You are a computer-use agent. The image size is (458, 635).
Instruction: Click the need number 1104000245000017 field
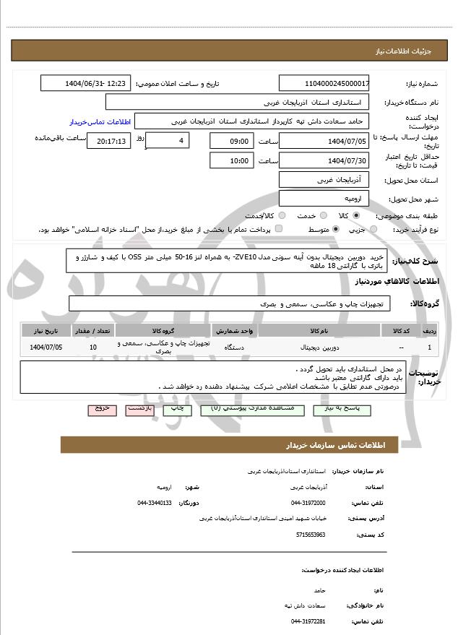[x=324, y=83]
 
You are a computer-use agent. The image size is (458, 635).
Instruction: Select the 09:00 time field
[x=233, y=141]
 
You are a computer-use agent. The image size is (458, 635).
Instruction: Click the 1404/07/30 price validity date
[x=324, y=160]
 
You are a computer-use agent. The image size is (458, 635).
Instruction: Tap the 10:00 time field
[x=233, y=160]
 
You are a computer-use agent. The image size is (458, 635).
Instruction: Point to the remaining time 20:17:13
[x=108, y=141]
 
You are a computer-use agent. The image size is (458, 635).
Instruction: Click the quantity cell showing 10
[x=92, y=347]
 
